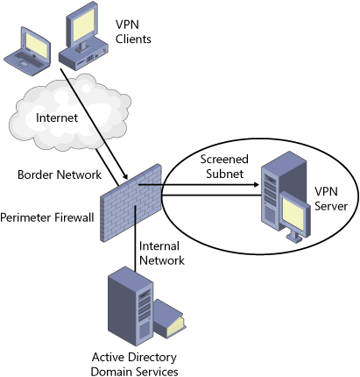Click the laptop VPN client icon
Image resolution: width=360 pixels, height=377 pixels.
27,52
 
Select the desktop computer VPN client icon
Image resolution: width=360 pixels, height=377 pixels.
83,36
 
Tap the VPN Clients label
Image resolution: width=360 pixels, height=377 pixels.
133,32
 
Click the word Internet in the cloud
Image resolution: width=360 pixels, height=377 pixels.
57,117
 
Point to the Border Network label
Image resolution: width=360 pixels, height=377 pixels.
60,174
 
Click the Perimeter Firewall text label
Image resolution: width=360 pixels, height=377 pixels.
47,217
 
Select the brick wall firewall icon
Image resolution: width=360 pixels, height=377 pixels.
131,203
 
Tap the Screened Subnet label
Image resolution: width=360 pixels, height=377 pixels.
224,167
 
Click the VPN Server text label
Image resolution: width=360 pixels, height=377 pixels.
331,199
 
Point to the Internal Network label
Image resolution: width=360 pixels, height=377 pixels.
162,253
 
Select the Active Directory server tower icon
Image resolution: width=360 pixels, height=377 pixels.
131,306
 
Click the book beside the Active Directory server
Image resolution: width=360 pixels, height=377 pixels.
169,319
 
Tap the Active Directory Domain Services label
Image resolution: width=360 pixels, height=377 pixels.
134,364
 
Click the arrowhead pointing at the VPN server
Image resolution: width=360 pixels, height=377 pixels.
256,184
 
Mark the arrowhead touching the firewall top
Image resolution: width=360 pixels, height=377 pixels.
125,176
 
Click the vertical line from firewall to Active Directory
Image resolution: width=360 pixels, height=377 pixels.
135,238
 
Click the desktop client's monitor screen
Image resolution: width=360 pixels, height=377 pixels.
83,25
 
